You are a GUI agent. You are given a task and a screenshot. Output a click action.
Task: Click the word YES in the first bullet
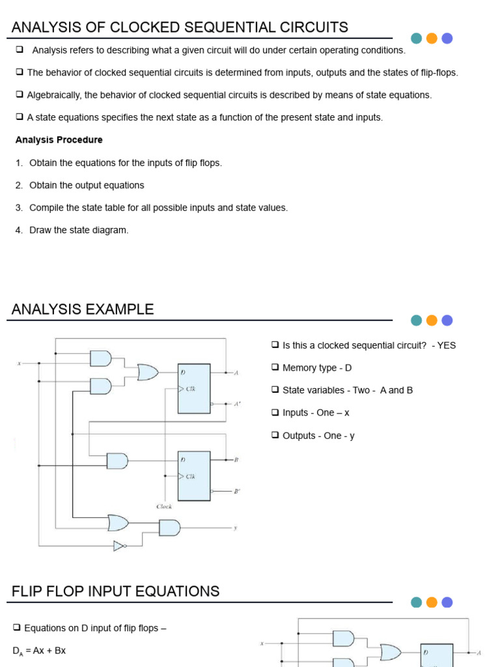(447, 345)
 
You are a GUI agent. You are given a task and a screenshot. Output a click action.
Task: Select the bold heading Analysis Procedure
(59, 140)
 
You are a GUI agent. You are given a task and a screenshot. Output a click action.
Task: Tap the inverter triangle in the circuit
(119, 546)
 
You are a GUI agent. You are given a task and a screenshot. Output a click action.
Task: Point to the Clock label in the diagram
(164, 506)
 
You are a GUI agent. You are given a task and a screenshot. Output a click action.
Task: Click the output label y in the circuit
(235, 528)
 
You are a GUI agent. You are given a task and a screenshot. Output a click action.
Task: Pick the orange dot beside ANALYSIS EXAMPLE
(432, 320)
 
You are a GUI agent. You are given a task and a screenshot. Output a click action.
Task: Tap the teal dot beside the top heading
(416, 38)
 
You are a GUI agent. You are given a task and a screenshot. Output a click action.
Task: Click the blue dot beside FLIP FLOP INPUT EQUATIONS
(447, 603)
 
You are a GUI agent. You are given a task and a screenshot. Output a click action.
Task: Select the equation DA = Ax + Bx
(39, 651)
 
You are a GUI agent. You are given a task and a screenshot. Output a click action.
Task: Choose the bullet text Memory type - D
(316, 368)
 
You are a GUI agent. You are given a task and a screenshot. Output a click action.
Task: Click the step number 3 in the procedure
(19, 208)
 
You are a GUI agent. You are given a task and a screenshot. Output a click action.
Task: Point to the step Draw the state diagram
(79, 230)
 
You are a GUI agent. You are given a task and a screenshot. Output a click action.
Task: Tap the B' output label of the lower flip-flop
(237, 492)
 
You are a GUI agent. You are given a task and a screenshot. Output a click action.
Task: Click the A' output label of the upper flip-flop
(237, 404)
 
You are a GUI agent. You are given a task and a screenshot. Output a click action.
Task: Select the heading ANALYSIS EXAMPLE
(83, 309)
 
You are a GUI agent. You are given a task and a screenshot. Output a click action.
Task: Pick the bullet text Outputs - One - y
(318, 436)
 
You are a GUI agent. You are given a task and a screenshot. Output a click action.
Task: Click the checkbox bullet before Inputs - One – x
(275, 412)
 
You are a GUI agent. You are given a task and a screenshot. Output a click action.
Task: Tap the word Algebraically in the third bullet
(54, 95)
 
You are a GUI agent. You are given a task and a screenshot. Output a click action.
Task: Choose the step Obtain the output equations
(87, 186)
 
